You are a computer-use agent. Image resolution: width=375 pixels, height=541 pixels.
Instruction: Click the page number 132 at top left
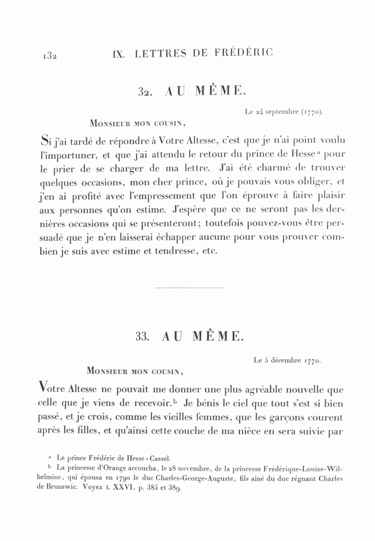point(49,56)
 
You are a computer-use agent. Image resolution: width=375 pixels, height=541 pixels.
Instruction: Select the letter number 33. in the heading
point(142,337)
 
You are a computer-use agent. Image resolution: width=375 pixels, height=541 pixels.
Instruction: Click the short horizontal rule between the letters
point(190,287)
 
